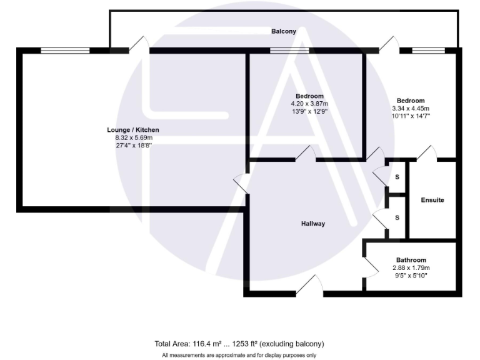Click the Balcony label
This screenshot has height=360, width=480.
click(x=283, y=31)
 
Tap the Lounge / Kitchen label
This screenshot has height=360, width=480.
click(x=129, y=130)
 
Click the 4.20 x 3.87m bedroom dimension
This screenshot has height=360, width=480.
click(x=309, y=104)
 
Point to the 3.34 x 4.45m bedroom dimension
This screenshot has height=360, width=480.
click(x=411, y=108)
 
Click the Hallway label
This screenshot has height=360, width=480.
click(x=312, y=224)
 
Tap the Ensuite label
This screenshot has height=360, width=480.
click(x=432, y=201)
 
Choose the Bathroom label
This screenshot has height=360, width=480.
click(x=411, y=261)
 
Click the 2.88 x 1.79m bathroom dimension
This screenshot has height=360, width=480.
click(x=411, y=268)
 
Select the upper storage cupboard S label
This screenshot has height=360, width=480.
click(x=397, y=177)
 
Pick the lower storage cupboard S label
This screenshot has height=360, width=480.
click(x=397, y=217)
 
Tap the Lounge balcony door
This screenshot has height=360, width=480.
click(x=139, y=45)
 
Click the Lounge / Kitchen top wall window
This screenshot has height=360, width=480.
click(x=65, y=51)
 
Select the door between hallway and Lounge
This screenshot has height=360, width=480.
click(x=241, y=184)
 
